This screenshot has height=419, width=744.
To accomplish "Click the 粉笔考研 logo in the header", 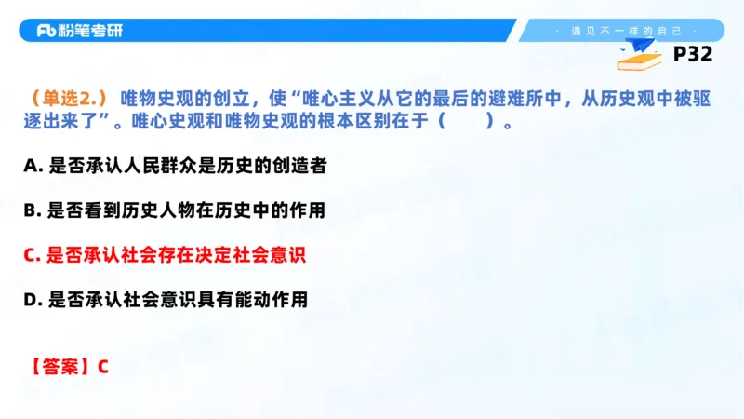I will coord(80,31).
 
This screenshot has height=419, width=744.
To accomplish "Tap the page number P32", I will coord(692,55).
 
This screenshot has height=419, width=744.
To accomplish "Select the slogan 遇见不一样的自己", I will coord(625,31).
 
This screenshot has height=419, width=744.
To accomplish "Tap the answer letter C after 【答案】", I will coord(102,366).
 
